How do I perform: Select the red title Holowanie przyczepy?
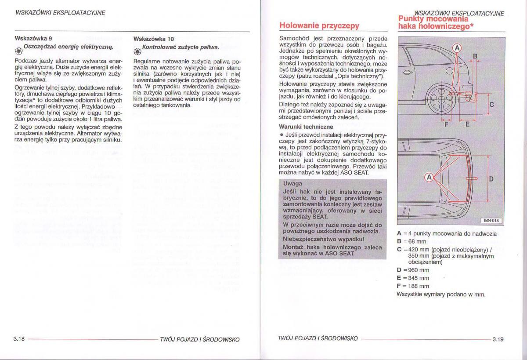click(319, 25)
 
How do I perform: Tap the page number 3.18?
click(19, 339)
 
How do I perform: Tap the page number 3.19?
click(498, 339)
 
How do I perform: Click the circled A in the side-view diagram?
click(457, 47)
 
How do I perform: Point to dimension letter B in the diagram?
click(475, 56)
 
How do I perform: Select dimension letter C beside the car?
click(491, 105)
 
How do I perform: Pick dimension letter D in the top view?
click(491, 179)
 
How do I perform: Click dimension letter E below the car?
click(467, 124)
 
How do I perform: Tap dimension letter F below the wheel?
click(446, 124)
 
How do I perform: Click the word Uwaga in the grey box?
click(292, 184)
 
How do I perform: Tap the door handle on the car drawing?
click(408, 73)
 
